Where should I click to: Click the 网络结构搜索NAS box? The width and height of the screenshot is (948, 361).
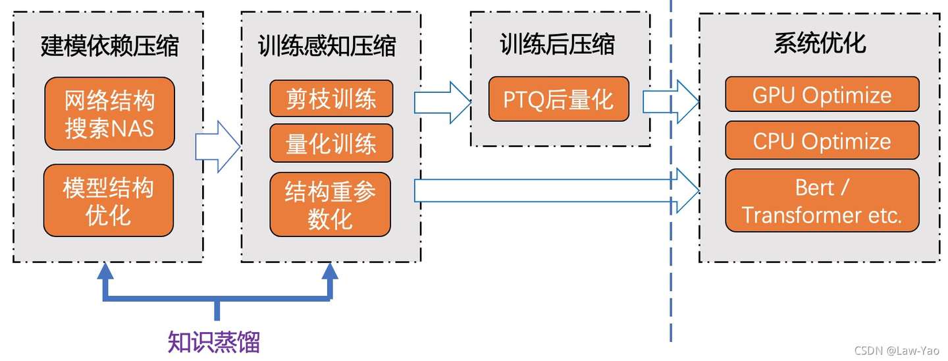point(109,113)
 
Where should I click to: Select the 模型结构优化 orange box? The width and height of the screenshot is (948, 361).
point(109,201)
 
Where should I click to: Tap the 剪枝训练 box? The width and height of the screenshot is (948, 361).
point(331,99)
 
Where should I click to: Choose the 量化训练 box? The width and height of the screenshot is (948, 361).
point(331,144)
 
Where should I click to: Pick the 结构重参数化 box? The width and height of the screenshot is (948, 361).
point(330,204)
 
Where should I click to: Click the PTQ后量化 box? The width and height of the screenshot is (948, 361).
point(558,99)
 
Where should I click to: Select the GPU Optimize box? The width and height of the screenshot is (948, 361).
point(822,95)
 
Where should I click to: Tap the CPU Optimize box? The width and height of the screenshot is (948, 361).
point(822,140)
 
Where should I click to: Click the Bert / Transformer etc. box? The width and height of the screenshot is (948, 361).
point(822,201)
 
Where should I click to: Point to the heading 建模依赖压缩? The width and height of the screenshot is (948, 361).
point(109,46)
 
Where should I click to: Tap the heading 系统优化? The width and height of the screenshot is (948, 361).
point(820,43)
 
